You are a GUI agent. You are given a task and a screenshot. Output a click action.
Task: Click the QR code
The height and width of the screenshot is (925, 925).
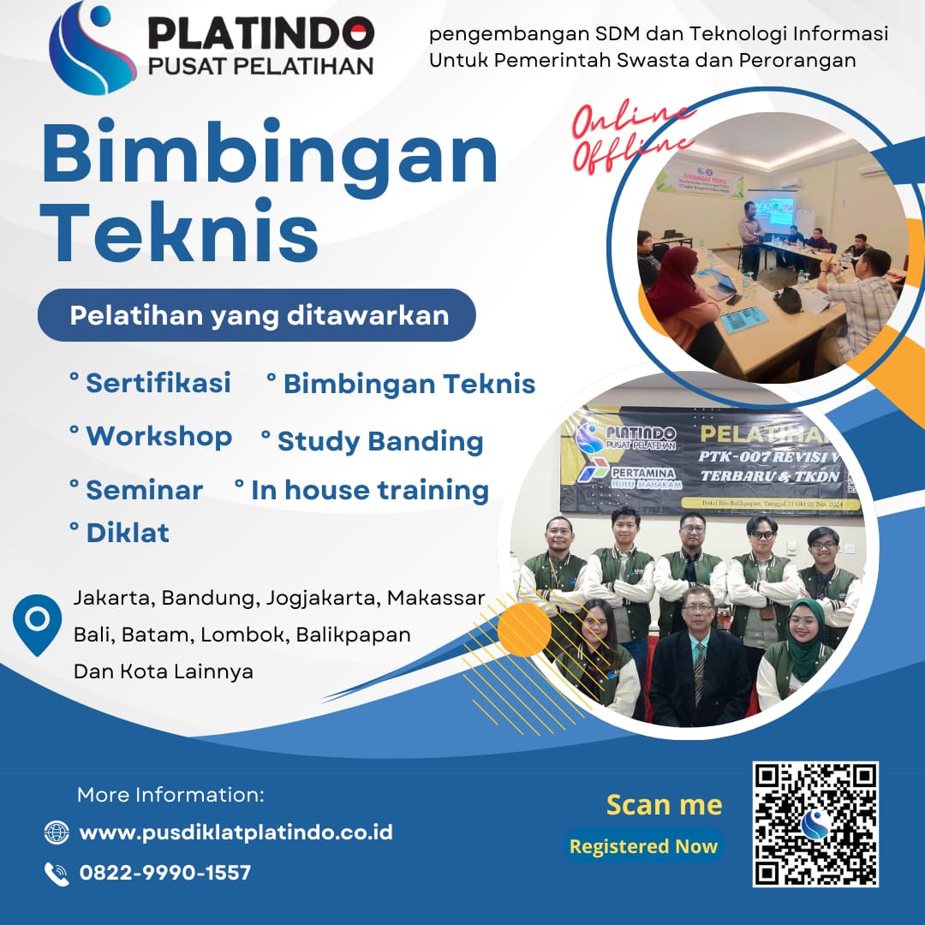click(815, 824)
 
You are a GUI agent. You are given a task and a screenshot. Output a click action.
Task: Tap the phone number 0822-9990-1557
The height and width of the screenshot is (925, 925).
click(165, 873)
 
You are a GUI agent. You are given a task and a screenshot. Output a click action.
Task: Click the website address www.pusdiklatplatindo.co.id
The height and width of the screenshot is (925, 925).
click(236, 832)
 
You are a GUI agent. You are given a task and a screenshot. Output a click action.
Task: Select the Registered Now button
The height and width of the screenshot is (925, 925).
click(643, 846)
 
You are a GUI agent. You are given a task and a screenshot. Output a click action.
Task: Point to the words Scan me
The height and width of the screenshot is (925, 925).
click(664, 805)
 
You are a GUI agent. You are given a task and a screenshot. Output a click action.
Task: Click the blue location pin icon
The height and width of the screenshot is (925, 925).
click(38, 623)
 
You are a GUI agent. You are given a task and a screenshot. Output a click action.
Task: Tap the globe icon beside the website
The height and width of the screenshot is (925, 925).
click(57, 832)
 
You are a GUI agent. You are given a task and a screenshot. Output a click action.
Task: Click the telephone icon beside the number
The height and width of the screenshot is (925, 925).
click(57, 874)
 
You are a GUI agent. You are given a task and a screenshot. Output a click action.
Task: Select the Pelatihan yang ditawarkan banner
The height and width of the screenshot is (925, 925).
click(257, 315)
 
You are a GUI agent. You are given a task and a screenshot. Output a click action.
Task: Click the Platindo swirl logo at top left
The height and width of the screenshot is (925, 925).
click(91, 48)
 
